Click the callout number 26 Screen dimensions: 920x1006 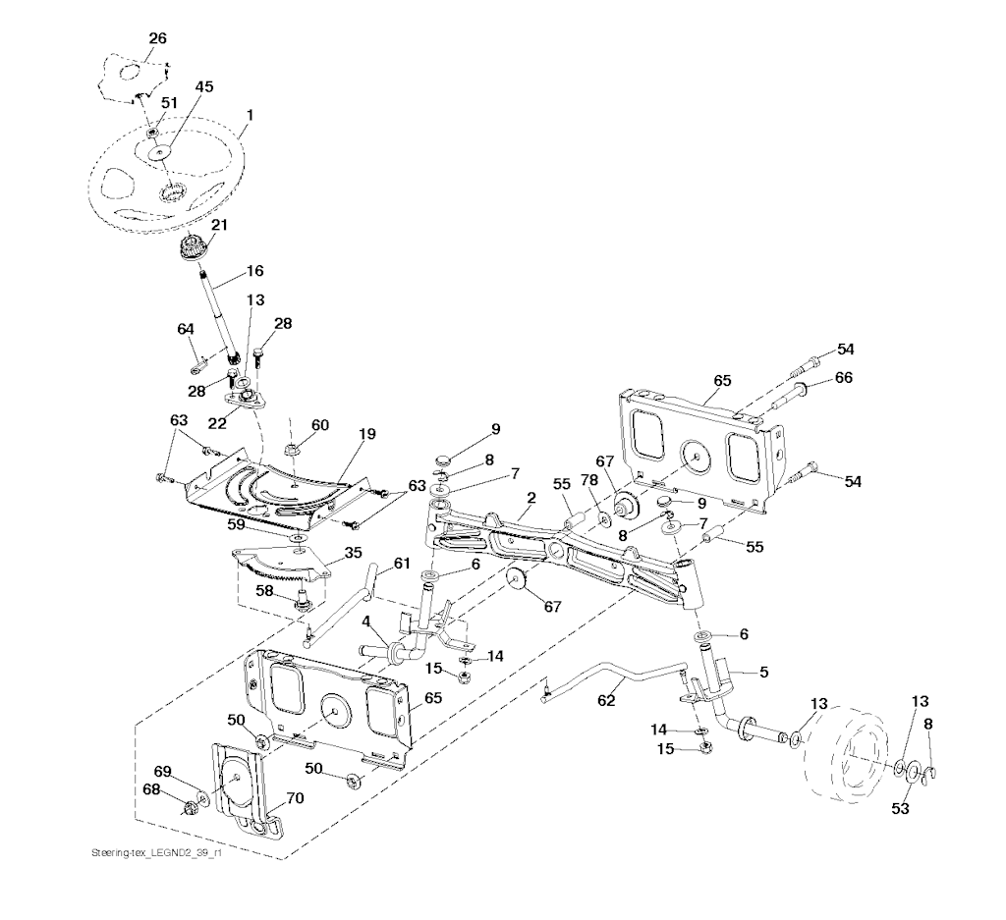coord(157,38)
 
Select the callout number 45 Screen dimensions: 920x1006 coord(203,86)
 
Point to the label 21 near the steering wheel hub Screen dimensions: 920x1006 coord(219,225)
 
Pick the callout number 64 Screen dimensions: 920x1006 coord(186,328)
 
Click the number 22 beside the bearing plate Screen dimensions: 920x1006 coord(217,422)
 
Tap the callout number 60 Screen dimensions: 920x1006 coord(320,424)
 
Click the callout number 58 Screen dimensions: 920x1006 coord(264,590)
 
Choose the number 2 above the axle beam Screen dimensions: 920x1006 coord(530,498)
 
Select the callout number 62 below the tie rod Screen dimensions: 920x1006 coord(607,701)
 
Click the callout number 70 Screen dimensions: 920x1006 coord(295,799)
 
